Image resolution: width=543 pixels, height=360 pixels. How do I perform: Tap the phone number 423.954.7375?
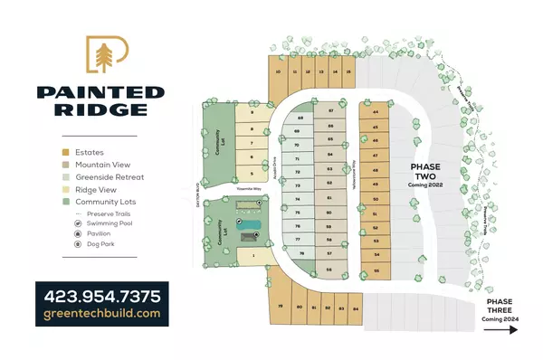pos(100,295)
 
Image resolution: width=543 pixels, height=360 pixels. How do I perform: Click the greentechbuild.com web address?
pos(100,314)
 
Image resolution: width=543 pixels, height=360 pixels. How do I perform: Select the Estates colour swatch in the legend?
pos(65,152)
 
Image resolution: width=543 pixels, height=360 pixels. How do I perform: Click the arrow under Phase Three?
pos(500,330)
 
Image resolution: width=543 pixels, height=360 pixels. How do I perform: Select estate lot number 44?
pos(376,113)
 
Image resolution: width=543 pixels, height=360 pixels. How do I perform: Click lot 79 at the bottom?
pos(281,308)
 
